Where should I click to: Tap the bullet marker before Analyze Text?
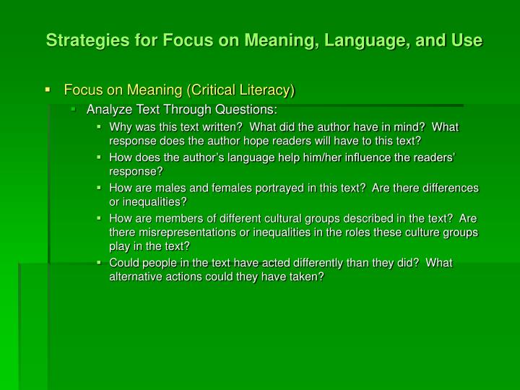(x=74, y=110)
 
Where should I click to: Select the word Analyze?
(x=108, y=110)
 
